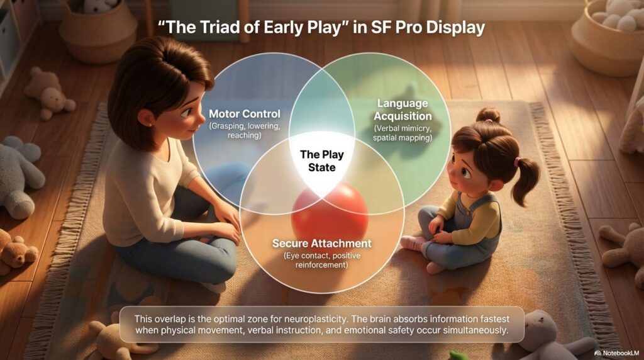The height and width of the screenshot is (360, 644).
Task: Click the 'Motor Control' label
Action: point(245,114)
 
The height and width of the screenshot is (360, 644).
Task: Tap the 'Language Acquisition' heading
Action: point(402,110)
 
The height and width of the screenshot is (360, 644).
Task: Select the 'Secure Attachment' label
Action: point(322,244)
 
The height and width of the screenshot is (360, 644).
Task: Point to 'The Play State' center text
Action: point(322,160)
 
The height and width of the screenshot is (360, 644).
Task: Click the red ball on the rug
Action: point(330,214)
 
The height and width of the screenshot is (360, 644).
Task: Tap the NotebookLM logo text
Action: point(617,353)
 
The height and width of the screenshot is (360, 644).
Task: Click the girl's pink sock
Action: point(413,243)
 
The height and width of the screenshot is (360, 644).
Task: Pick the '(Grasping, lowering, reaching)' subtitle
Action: point(245,131)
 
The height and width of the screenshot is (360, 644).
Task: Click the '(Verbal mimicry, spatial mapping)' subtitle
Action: point(402,133)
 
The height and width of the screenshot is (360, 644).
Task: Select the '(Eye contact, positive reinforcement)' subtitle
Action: point(322,260)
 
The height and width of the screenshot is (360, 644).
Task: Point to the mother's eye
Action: point(186,112)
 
